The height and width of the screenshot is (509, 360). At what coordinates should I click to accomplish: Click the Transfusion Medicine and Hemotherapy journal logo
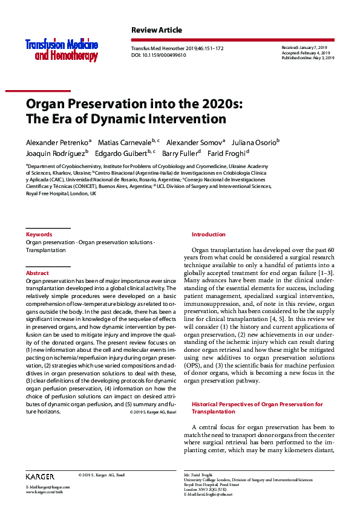61,50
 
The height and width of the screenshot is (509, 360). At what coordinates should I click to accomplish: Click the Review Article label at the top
156,30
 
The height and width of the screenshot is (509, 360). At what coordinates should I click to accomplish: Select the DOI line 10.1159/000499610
159,55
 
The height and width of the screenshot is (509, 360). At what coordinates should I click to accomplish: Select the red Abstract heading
38,273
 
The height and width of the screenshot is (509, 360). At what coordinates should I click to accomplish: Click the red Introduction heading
208,235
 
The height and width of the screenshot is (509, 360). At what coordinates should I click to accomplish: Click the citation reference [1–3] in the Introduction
325,273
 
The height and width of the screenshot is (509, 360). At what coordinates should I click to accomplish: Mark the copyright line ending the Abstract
152,412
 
